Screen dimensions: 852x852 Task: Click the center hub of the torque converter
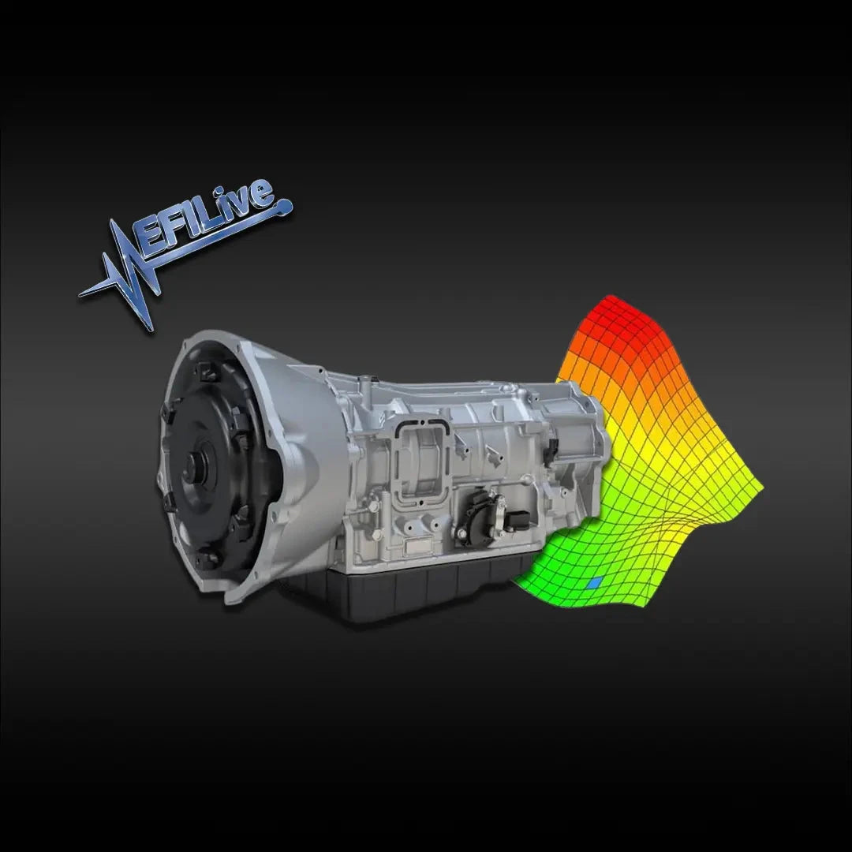(x=195, y=473)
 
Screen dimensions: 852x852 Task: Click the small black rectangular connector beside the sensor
(x=518, y=520)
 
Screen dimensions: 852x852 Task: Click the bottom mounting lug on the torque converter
(x=210, y=559)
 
